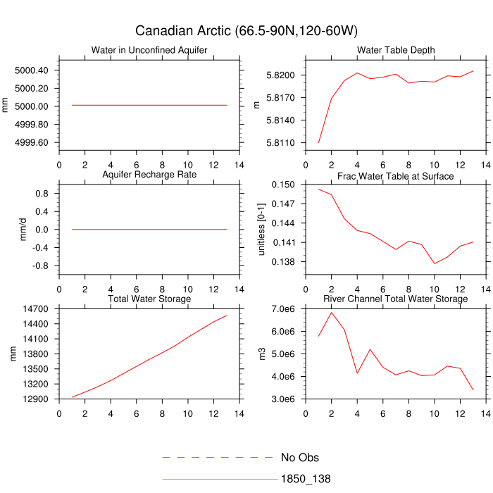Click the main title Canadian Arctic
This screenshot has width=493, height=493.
[246, 31]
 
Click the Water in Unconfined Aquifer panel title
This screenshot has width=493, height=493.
[149, 50]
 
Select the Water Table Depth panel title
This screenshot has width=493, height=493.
[396, 50]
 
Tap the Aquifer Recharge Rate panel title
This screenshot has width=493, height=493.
[149, 175]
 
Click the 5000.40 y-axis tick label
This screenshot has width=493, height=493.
[31, 70]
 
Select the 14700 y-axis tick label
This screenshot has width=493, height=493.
[35, 309]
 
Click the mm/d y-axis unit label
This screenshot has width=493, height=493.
[23, 229]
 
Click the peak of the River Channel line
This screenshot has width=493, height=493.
[332, 312]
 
